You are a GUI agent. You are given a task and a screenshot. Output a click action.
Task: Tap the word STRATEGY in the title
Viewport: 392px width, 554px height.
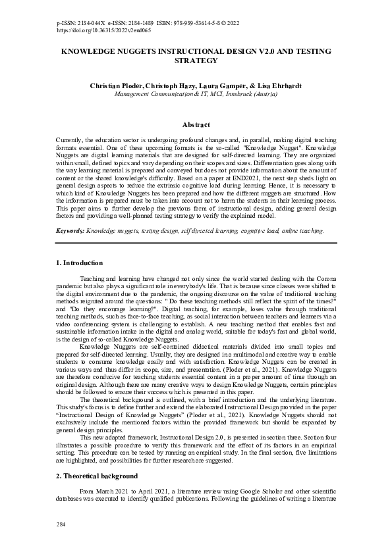(x=196, y=61)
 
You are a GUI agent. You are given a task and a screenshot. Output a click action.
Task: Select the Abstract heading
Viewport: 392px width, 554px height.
(x=196, y=124)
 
